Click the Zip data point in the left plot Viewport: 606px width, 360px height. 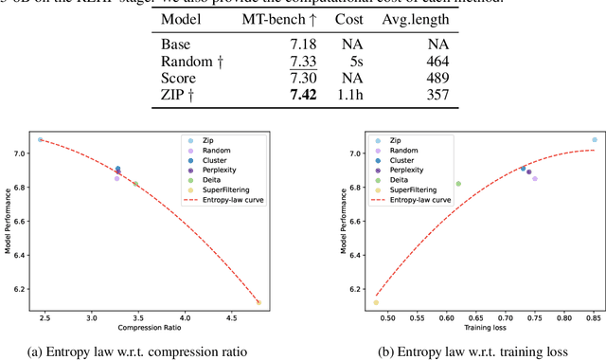pos(41,139)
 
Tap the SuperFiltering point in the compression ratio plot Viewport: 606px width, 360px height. pos(258,302)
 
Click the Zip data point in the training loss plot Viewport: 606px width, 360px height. pos(595,139)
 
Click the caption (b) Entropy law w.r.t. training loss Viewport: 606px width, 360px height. pos(471,351)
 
